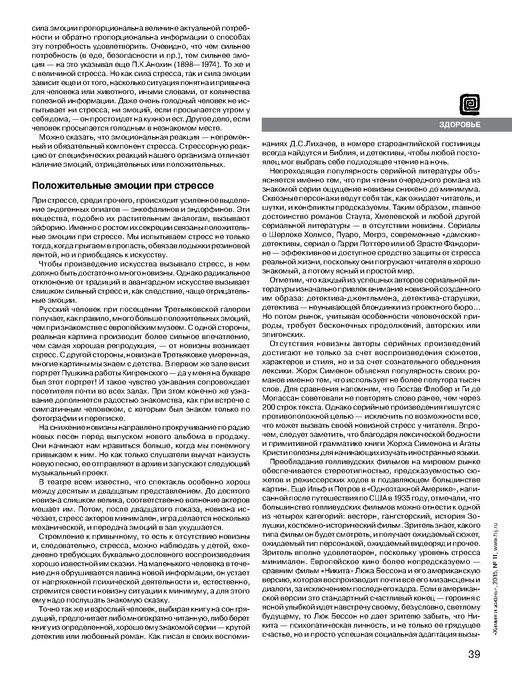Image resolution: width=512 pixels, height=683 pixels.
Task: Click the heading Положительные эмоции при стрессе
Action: pyautogui.click(x=123, y=185)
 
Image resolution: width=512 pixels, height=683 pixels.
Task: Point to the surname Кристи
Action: pyautogui.click(x=274, y=453)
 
